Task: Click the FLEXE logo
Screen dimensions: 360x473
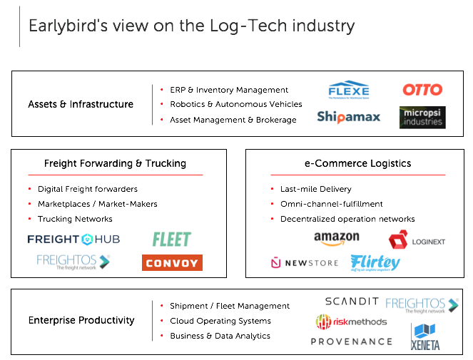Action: tap(349, 91)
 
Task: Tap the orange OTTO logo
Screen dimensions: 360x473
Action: tap(422, 90)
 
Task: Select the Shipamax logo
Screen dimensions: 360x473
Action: tap(349, 117)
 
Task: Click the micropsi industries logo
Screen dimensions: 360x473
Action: tap(422, 118)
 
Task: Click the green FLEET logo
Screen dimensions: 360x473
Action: tap(171, 240)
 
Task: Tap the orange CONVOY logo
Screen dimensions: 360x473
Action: tap(172, 263)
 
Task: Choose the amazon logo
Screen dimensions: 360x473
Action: tap(337, 238)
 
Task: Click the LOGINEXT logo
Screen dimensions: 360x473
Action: tap(417, 240)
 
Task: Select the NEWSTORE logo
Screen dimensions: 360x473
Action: tap(305, 263)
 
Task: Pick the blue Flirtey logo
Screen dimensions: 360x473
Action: tap(375, 263)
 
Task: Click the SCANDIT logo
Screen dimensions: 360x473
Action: tap(352, 302)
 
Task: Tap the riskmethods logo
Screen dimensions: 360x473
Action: tap(351, 322)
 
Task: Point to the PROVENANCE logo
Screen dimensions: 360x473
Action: tap(351, 341)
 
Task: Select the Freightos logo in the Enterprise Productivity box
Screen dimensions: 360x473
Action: tap(422, 305)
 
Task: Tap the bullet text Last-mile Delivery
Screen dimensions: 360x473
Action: tap(315, 189)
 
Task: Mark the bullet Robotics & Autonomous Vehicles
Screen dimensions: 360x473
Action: tap(235, 104)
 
